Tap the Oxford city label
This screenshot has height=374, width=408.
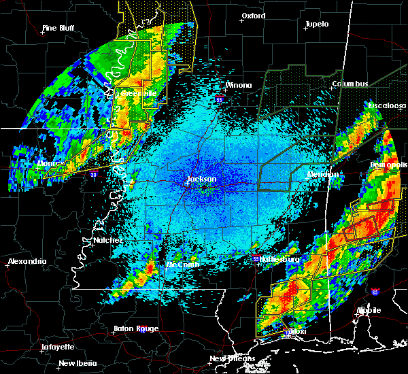click(x=253, y=16)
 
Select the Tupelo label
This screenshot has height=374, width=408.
click(x=316, y=24)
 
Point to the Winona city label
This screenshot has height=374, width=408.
click(x=238, y=86)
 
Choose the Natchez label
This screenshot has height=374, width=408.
click(x=108, y=240)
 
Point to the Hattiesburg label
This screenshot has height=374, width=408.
click(x=277, y=259)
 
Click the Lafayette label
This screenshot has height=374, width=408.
click(x=57, y=347)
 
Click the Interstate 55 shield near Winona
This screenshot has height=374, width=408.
click(x=219, y=99)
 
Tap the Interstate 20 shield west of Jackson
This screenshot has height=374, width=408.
click(x=93, y=174)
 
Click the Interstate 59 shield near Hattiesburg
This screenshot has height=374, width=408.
click(x=256, y=259)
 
